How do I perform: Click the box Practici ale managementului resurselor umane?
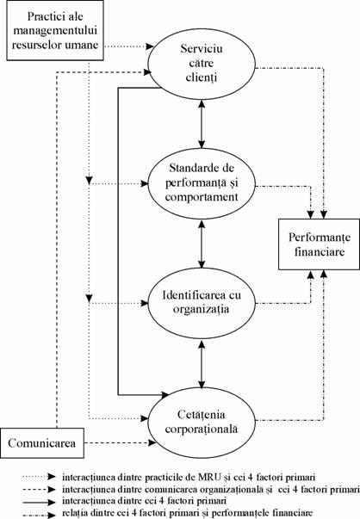[x=55, y=30]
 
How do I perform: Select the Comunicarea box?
[x=41, y=443]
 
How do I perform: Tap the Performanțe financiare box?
[x=319, y=244]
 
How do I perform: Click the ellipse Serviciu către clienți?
[x=202, y=63]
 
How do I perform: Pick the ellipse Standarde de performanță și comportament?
[x=202, y=183]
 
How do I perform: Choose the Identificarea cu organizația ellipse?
[x=202, y=302]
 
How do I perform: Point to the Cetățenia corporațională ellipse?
[x=202, y=423]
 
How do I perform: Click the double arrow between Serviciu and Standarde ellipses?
[x=202, y=123]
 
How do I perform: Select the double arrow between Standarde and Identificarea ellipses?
[x=202, y=243]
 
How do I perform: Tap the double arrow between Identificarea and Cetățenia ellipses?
[x=202, y=362]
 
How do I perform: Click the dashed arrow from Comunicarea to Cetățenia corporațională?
[x=120, y=442]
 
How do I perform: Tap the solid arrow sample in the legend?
[x=39, y=502]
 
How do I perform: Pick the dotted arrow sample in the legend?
[x=39, y=477]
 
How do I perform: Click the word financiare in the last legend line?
[x=295, y=513]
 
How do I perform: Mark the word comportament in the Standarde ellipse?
[x=202, y=197]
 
